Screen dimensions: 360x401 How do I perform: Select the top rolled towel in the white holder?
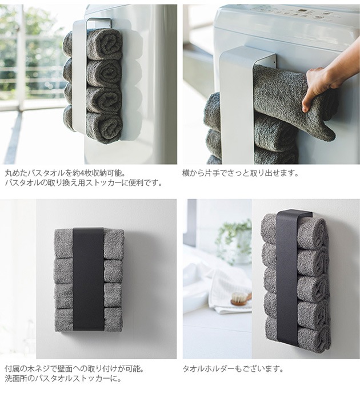[93, 44]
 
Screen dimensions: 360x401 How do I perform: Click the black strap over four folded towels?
[88, 279]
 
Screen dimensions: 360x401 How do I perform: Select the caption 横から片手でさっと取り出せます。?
[241, 173]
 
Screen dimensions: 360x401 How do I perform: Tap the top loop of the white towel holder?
[99, 21]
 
